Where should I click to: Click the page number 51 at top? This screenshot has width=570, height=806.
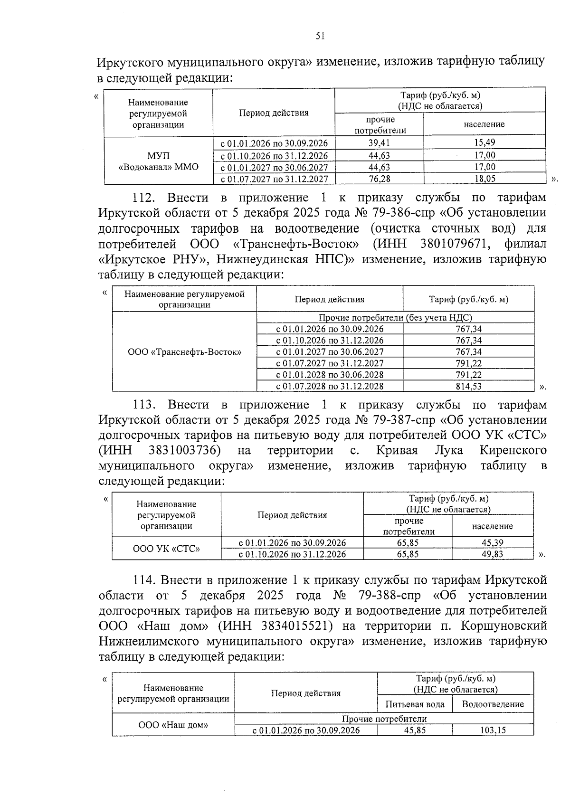pyautogui.click(x=320, y=36)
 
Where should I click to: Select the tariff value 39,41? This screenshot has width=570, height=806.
pyautogui.click(x=379, y=143)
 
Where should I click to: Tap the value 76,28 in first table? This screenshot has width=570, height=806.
pyautogui.click(x=379, y=179)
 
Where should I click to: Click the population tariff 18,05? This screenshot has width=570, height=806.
pyautogui.click(x=484, y=179)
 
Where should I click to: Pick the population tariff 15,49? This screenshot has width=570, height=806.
pyautogui.click(x=484, y=143)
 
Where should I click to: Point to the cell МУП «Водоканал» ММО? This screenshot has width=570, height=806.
pyautogui.click(x=158, y=161)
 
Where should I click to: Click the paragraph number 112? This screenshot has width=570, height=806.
pyautogui.click(x=143, y=198)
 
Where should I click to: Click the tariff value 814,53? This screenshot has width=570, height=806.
pyautogui.click(x=468, y=386)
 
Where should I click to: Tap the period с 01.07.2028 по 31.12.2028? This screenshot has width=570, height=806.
pyautogui.click(x=330, y=386)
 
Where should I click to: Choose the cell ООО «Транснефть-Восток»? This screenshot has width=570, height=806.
pyautogui.click(x=184, y=352)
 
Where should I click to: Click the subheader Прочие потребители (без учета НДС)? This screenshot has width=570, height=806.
pyautogui.click(x=395, y=318)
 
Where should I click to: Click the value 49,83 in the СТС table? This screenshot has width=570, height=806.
pyautogui.click(x=492, y=554)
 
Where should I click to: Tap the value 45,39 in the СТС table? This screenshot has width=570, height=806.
pyautogui.click(x=492, y=542)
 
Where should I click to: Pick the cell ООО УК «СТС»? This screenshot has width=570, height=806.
pyautogui.click(x=166, y=549)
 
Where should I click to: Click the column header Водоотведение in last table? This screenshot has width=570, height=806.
pyautogui.click(x=493, y=704)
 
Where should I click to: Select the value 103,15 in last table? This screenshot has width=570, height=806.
pyautogui.click(x=493, y=730)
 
